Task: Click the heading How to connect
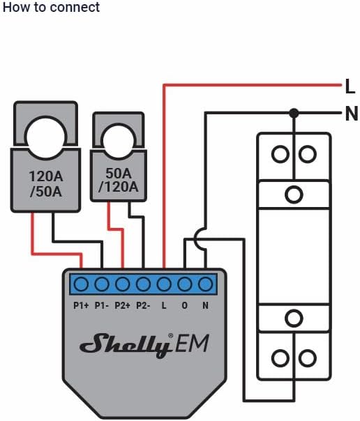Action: tap(50, 8)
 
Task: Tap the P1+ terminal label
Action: tap(81, 305)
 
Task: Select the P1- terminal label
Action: tap(102, 305)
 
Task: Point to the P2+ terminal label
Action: tap(123, 305)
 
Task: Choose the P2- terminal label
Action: tap(144, 305)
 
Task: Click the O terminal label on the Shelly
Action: tap(185, 305)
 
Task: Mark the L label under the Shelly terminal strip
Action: tap(164, 305)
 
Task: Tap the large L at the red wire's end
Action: tap(350, 86)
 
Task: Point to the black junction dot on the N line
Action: tap(294, 113)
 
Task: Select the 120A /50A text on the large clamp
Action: tap(45, 183)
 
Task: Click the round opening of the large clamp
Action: tap(45, 130)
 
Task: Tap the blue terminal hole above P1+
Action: tap(81, 284)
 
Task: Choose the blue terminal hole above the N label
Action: tap(205, 284)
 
